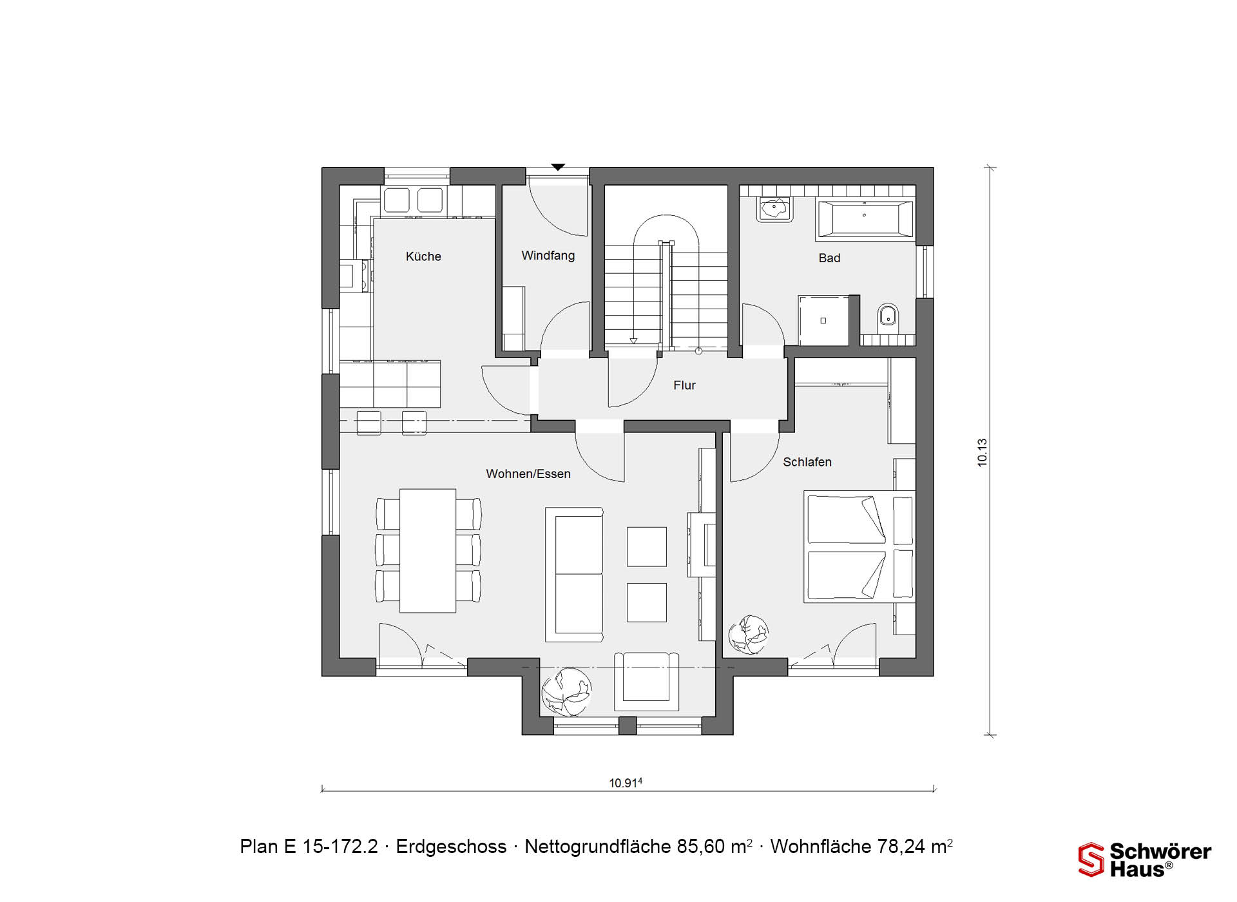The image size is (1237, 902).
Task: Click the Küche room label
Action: coord(423,256)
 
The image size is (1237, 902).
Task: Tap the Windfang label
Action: coord(548,256)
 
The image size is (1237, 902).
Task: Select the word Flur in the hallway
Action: coord(684,385)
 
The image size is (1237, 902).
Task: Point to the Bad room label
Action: coord(829,258)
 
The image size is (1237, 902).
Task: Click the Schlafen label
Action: coord(807,462)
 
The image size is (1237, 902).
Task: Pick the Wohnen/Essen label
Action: coord(528,474)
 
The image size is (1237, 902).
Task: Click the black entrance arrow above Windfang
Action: coord(558,168)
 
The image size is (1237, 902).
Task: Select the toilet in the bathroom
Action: coord(888,314)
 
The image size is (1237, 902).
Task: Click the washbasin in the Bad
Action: coord(774,209)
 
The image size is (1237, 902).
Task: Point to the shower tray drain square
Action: coord(823,320)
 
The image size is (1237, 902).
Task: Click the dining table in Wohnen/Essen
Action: coord(428,551)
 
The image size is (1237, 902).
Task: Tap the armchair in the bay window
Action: coord(646,682)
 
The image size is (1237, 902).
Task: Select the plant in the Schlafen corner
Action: coord(749,635)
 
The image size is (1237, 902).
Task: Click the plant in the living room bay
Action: coord(566,692)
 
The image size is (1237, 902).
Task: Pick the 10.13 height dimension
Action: coord(982,452)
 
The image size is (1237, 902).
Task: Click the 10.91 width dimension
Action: coord(626,783)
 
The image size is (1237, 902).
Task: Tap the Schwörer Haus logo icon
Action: coord(1091,859)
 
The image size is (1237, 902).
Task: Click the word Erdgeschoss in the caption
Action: coord(451,847)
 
